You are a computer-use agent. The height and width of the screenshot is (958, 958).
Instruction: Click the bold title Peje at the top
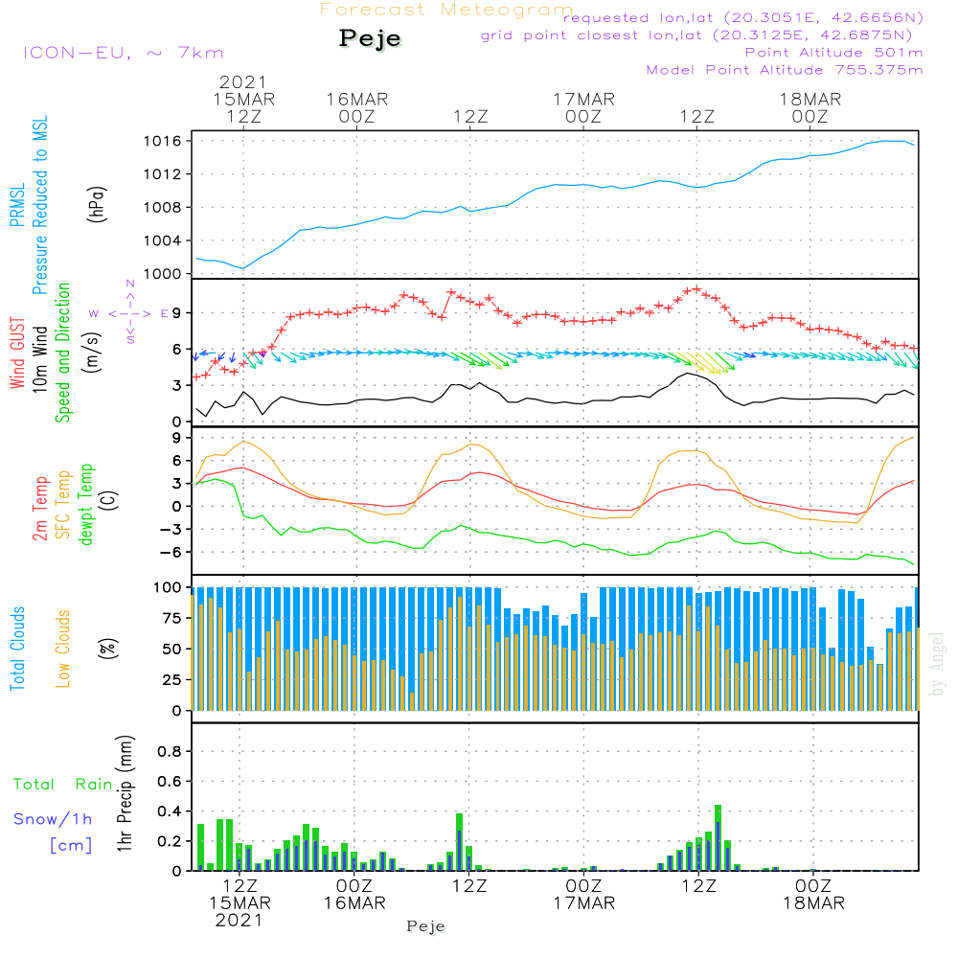click(x=370, y=39)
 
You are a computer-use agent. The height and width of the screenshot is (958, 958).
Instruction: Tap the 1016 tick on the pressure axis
click(x=163, y=141)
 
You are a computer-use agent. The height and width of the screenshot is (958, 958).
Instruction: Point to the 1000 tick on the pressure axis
click(x=163, y=274)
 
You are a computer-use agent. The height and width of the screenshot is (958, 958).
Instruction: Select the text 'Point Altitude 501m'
click(x=834, y=53)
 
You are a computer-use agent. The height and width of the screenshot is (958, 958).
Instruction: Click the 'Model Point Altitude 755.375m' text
click(x=785, y=70)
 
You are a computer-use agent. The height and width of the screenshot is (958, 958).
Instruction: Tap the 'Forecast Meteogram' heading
click(x=446, y=10)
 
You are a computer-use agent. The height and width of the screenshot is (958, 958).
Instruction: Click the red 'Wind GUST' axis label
click(x=17, y=353)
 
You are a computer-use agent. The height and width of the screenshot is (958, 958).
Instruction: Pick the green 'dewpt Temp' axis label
click(x=85, y=504)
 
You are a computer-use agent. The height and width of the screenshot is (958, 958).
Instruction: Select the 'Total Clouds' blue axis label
click(x=17, y=649)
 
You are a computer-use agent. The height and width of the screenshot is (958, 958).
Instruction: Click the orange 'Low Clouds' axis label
click(x=63, y=649)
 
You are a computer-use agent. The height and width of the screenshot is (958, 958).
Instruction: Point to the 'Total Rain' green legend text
click(x=63, y=785)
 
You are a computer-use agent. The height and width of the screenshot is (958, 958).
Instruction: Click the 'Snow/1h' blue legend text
click(x=53, y=819)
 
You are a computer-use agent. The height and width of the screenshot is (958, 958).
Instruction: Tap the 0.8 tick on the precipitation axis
click(x=170, y=751)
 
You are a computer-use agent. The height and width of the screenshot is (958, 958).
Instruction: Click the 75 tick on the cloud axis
click(x=171, y=618)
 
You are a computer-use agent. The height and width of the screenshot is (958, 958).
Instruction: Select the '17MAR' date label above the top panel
click(x=584, y=100)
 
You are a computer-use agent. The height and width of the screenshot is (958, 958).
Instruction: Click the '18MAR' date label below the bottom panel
click(x=813, y=903)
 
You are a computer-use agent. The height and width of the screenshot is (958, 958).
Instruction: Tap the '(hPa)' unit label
click(x=97, y=204)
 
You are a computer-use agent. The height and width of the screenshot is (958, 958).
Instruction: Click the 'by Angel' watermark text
click(x=937, y=664)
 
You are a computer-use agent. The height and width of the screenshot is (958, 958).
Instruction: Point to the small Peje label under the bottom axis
click(x=426, y=926)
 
